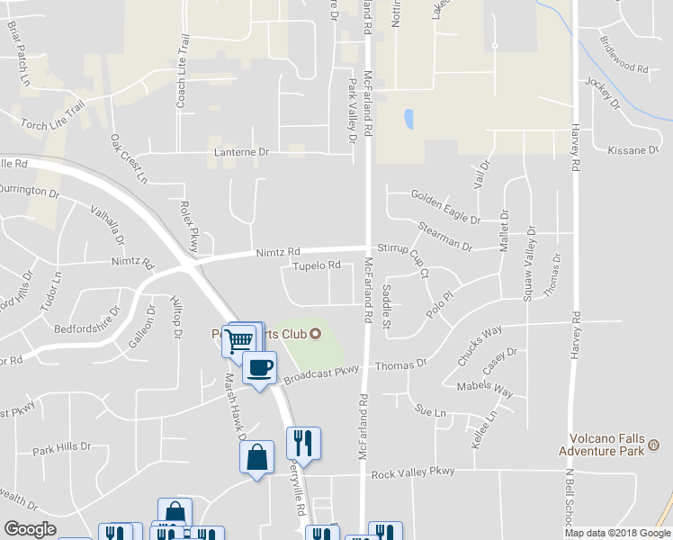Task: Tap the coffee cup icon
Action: pyautogui.click(x=260, y=367)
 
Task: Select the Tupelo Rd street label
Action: pyautogui.click(x=317, y=265)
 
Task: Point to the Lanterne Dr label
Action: pyautogui.click(x=241, y=153)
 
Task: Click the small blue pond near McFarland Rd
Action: pyautogui.click(x=409, y=119)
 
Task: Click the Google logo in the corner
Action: pyautogui.click(x=30, y=529)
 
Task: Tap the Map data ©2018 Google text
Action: pyautogui.click(x=616, y=533)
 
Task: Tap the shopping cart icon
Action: pyautogui.click(x=239, y=340)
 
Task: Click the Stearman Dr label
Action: pyautogui.click(x=444, y=237)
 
